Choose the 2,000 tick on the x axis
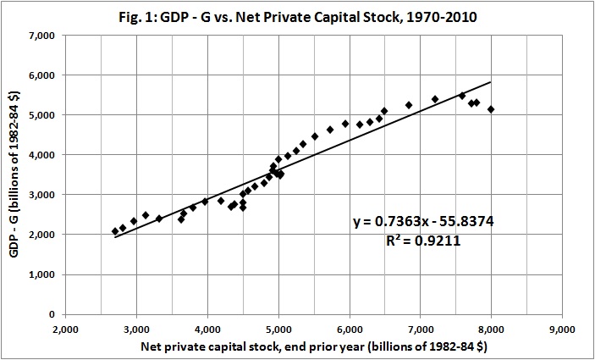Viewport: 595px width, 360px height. click(x=65, y=330)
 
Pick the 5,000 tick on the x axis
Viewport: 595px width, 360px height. click(x=278, y=330)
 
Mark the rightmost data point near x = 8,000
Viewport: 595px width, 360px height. click(x=491, y=109)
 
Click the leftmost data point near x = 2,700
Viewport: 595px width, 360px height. click(x=115, y=231)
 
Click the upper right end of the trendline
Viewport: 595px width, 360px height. click(x=491, y=82)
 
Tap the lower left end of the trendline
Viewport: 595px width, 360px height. click(x=115, y=237)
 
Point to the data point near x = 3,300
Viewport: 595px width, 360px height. click(x=158, y=219)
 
